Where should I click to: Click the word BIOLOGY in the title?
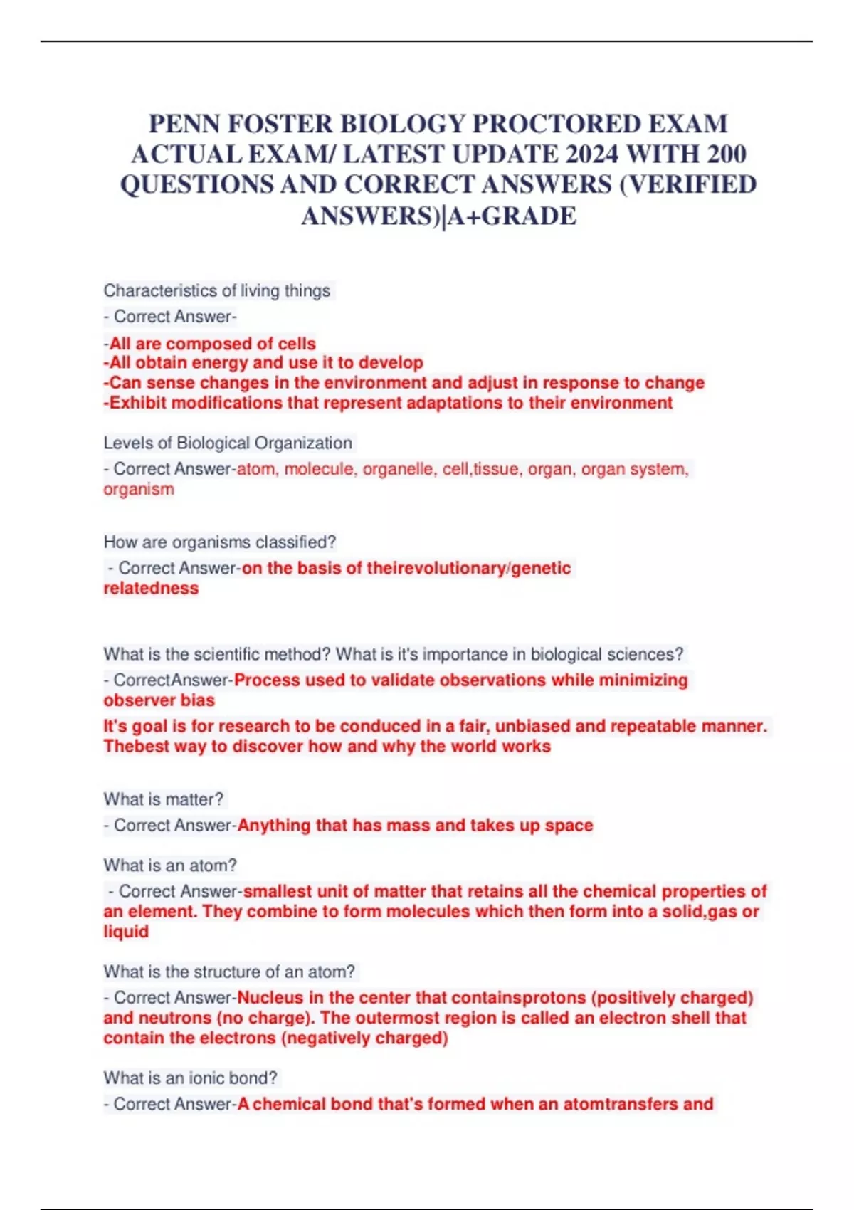pos(402,124)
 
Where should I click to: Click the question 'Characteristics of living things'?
pos(217,290)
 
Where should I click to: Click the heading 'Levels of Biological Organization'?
pos(228,443)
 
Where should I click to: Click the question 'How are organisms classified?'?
pos(219,542)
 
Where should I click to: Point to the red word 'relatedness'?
pos(151,588)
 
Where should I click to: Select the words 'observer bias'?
pos(159,700)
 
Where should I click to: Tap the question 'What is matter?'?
pos(163,799)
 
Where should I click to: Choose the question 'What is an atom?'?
pos(170,865)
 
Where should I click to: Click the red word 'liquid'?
pos(126,931)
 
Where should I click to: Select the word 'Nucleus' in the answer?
pos(270,997)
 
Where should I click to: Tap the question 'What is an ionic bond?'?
pos(190,1078)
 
